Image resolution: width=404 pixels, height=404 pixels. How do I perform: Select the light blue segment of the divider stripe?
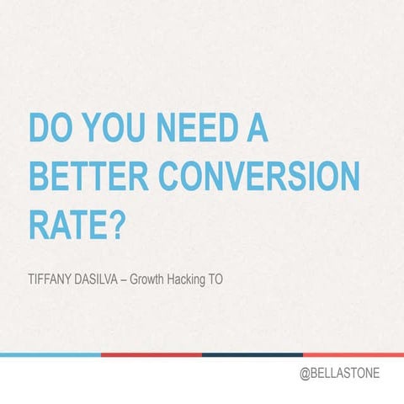click(50, 354)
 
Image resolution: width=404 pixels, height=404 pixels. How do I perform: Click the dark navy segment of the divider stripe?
click(252, 354)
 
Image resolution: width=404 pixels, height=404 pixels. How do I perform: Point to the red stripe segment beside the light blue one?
click(151, 354)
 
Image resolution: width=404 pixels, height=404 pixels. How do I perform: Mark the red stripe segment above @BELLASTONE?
click(353, 354)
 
